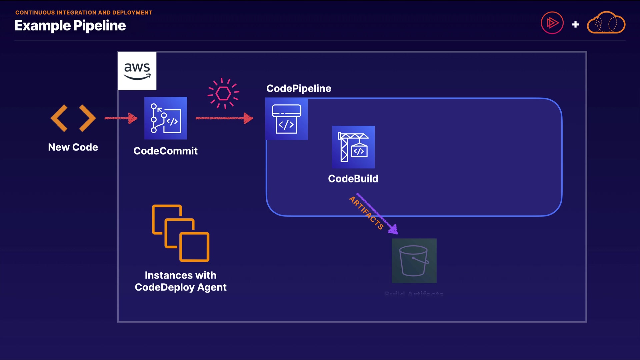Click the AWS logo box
tap(137, 71)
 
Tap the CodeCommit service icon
tap(166, 118)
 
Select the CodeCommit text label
tap(166, 151)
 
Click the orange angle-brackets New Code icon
tap(73, 118)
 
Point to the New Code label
tap(73, 147)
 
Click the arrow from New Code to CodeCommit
tap(121, 118)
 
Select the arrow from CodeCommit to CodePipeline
tap(224, 118)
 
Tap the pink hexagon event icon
tap(223, 94)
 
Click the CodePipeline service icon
tap(286, 119)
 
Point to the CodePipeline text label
tap(299, 88)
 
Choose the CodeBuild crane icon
tap(353, 147)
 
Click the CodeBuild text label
tap(353, 179)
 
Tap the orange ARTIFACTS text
tap(366, 213)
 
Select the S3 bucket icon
tap(414, 261)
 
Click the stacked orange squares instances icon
tap(181, 233)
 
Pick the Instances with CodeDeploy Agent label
tap(181, 281)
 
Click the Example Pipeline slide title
tap(70, 26)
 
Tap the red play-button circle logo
tap(552, 23)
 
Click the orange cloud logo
tap(606, 23)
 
